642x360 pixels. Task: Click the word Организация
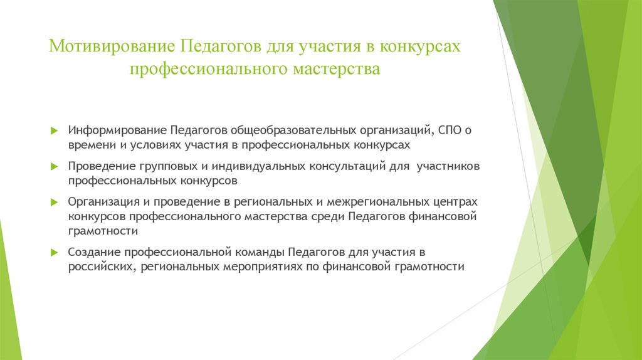click(103, 203)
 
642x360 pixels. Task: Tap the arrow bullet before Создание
click(54, 253)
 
